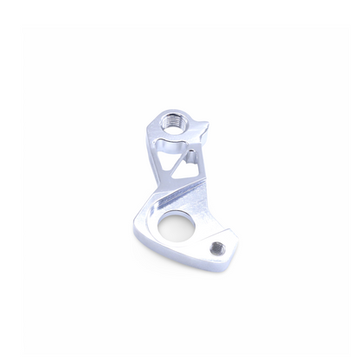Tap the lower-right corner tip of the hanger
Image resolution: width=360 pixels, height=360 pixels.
227,258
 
